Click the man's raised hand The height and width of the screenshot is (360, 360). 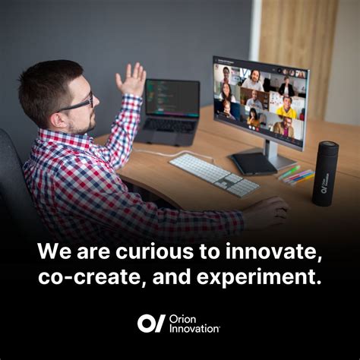click(x=131, y=79)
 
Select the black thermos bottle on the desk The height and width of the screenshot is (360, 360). click(x=325, y=174)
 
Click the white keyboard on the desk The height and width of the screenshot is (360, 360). click(x=213, y=174)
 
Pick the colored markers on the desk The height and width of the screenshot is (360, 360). click(x=298, y=175)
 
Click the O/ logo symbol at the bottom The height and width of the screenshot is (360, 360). click(x=151, y=323)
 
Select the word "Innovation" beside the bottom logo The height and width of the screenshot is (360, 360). click(x=195, y=328)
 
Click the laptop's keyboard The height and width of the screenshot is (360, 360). click(x=169, y=126)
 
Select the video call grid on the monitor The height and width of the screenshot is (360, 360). click(x=259, y=100)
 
